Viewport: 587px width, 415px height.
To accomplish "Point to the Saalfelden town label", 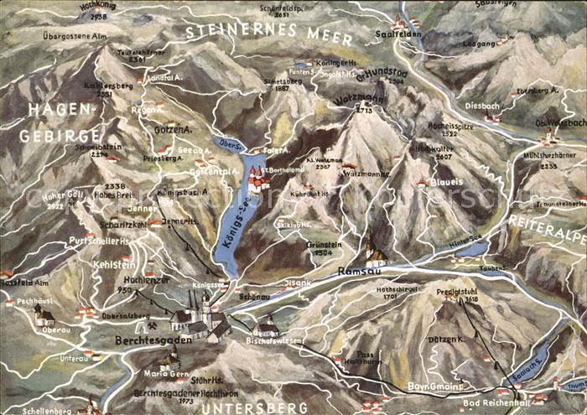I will tap(397, 34).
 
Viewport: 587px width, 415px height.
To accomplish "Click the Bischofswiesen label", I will tap(273, 341).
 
